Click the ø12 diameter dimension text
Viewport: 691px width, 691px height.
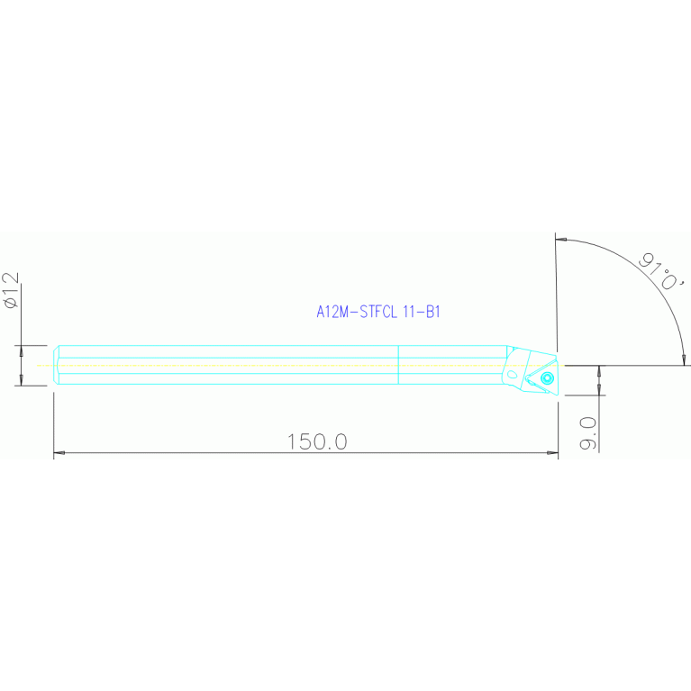[11, 290]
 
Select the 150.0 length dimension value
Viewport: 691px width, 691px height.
[317, 441]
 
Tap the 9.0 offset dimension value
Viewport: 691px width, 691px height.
[588, 433]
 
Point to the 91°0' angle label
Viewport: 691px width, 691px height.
[662, 272]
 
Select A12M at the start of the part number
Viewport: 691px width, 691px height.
[332, 312]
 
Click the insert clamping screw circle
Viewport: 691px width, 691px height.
[547, 377]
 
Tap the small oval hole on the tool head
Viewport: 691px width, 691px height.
[512, 375]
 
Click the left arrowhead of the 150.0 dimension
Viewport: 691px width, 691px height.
[59, 452]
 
